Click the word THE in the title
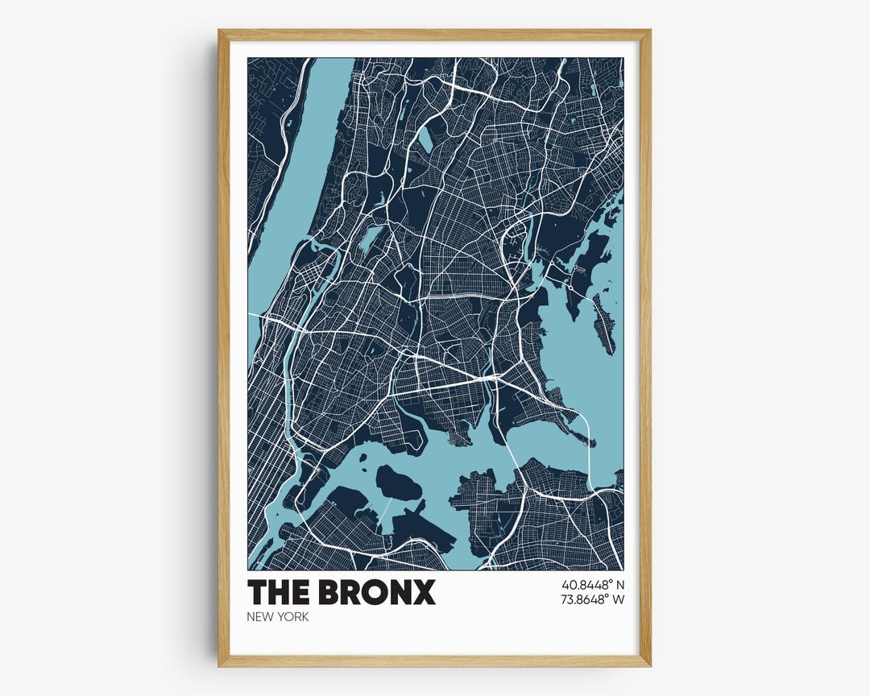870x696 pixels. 278,592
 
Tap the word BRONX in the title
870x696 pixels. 377,592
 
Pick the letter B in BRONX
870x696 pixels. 329,592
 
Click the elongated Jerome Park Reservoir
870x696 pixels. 370,238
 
